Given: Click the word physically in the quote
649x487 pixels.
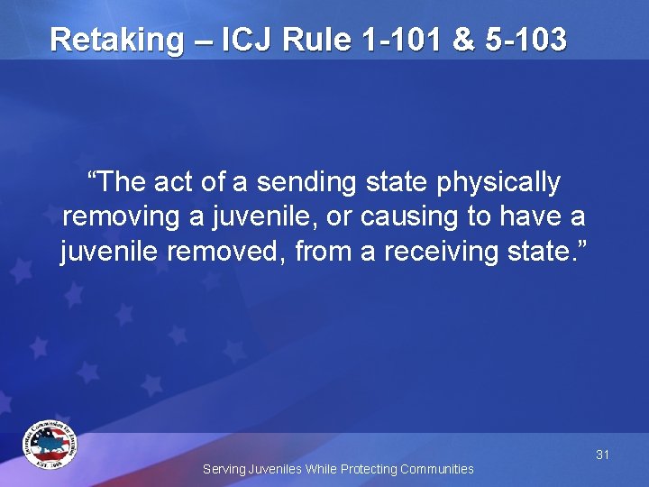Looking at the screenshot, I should (499, 183).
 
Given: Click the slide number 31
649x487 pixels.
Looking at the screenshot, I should (602, 455).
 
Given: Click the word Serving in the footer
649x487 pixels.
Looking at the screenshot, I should (222, 469).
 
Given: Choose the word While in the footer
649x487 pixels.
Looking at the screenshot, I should (321, 469).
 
